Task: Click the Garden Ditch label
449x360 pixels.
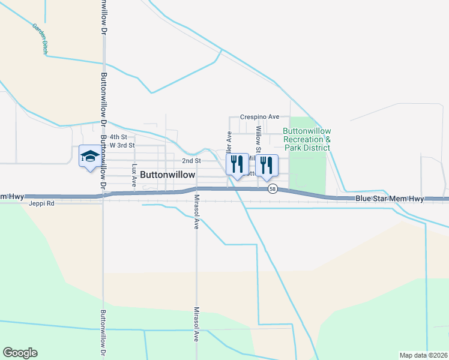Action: (40, 40)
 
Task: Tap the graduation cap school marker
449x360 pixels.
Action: (89, 157)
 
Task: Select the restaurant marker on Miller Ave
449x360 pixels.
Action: (237, 163)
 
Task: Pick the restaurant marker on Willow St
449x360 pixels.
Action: (266, 163)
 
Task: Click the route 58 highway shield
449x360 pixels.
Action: (273, 189)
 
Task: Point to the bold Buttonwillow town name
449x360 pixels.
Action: (167, 175)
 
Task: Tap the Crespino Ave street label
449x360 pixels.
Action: (260, 116)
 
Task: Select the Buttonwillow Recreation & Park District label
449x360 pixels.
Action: (306, 139)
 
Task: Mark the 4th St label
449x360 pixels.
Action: (118, 137)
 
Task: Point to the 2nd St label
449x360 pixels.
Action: (191, 161)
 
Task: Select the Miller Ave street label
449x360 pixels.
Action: (229, 144)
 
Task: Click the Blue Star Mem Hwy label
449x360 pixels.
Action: (390, 199)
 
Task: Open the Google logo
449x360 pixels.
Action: (20, 353)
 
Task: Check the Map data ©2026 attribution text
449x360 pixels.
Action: (423, 355)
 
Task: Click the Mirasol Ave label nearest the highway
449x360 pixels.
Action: (196, 212)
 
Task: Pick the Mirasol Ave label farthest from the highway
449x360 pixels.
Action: (196, 324)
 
